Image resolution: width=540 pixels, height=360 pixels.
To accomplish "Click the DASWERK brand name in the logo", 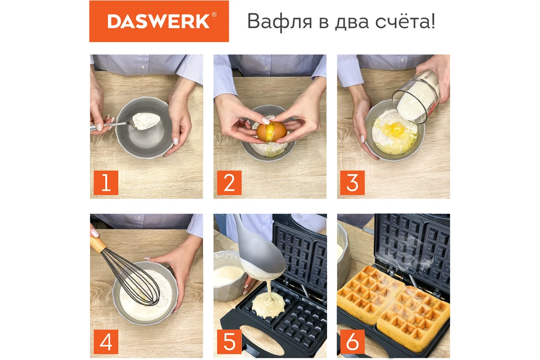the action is point(158,22).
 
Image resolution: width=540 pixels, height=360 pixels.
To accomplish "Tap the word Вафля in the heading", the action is point(279,22).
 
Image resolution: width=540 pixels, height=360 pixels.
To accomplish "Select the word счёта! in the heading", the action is point(405,21).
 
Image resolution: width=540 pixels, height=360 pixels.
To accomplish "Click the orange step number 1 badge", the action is point(106,183).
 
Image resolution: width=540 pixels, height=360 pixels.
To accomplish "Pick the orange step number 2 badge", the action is point(229,183).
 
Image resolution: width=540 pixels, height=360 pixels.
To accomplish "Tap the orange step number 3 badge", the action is point(352,183).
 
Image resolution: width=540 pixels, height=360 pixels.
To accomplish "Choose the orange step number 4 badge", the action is point(106,342).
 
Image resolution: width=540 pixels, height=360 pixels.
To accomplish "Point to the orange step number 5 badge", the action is point(229,342).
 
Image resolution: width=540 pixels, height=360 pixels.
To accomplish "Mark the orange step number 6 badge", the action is point(352,342).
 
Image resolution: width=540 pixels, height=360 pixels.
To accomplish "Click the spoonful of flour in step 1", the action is point(146,121).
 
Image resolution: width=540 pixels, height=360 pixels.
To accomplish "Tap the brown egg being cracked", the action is point(271,132).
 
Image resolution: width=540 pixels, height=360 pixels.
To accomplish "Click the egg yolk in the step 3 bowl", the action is point(396,129).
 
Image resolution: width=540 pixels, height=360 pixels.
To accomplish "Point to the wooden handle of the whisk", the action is point(98,244).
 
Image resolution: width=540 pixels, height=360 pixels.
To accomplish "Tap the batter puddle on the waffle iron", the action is point(269,306).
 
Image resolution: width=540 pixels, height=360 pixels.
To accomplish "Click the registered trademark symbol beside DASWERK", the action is point(214,14).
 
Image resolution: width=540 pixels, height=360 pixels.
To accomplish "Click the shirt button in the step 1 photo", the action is point(143,67).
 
